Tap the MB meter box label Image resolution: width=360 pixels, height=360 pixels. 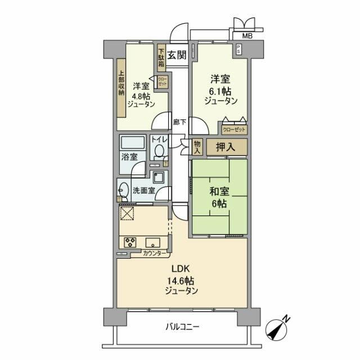point(247,37)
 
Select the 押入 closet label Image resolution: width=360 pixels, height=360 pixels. point(225,147)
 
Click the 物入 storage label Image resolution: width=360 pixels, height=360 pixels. point(197,147)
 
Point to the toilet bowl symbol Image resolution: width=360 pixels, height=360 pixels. point(159,151)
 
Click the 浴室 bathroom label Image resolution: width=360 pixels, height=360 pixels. point(130,156)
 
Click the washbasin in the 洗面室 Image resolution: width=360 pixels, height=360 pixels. point(123,190)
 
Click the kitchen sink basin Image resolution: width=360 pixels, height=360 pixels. point(153,243)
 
